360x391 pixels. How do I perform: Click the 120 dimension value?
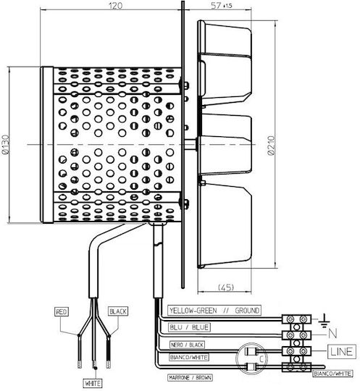point(115,6)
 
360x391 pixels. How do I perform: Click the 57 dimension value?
point(216,6)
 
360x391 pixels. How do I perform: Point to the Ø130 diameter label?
point(5,145)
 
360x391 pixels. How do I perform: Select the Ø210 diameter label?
point(272,146)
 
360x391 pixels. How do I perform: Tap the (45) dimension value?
point(226,287)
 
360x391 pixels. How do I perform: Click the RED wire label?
point(62,311)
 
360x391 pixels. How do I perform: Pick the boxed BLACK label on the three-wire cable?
point(118,311)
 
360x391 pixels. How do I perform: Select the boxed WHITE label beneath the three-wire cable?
point(93,383)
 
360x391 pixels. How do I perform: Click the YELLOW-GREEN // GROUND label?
point(214,311)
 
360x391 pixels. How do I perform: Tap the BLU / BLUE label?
point(189,327)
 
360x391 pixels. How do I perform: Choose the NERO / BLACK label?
point(187,345)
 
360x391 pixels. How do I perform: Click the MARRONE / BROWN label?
point(190,377)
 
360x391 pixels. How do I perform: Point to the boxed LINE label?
point(342,351)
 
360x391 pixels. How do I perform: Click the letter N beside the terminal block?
point(332,333)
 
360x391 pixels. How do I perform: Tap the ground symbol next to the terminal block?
point(324,321)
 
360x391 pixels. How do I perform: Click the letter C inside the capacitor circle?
point(261,359)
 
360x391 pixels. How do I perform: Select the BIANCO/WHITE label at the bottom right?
point(332,374)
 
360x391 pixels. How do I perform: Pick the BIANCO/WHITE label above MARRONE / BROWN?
point(189,358)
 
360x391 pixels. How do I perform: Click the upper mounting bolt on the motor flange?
point(185,85)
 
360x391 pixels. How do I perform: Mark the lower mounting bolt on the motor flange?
point(185,203)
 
